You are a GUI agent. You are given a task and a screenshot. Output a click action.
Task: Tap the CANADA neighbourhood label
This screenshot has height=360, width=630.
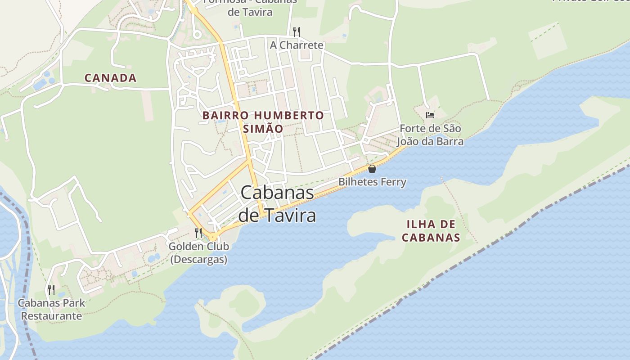point(111,78)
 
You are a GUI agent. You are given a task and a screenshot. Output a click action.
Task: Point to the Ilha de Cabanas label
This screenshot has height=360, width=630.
point(431,231)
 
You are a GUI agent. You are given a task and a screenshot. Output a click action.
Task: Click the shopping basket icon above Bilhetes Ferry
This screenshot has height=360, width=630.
point(372,169)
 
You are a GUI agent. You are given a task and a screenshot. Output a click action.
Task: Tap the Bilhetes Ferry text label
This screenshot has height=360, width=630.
point(372,182)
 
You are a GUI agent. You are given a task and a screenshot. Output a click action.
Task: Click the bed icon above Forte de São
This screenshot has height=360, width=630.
point(430,115)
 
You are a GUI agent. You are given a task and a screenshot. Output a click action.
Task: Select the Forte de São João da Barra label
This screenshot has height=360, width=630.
point(430,135)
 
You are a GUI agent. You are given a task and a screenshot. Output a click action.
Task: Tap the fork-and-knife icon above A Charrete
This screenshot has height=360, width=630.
point(297,31)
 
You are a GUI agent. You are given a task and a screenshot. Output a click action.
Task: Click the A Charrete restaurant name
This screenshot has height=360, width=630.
point(297,45)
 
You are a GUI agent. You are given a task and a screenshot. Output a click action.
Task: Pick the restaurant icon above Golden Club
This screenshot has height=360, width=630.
point(198,233)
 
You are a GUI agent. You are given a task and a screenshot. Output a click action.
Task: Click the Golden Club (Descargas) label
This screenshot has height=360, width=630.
point(198,253)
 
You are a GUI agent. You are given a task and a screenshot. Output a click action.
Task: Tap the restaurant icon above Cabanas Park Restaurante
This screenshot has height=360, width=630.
point(51,289)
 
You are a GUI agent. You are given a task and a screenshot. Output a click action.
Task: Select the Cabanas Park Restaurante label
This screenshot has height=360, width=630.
point(51,309)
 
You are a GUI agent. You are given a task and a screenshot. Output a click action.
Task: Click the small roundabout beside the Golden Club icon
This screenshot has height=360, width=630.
point(212,236)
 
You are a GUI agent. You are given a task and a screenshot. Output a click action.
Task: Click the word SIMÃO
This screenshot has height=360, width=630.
point(263,129)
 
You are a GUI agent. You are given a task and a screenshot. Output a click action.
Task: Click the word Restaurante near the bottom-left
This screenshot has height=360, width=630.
point(51,316)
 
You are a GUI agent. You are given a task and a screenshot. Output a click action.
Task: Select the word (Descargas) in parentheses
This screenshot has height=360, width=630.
point(198,260)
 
